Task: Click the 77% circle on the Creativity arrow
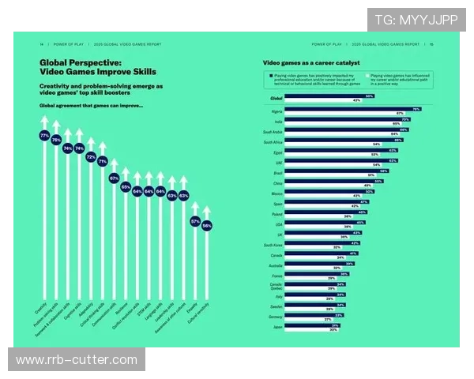(x=44, y=136)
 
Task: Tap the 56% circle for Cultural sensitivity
(x=207, y=225)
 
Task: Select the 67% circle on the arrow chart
(x=114, y=178)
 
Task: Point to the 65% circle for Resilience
(x=126, y=187)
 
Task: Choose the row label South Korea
(x=273, y=245)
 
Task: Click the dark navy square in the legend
(x=269, y=73)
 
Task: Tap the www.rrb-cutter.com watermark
(x=76, y=360)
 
